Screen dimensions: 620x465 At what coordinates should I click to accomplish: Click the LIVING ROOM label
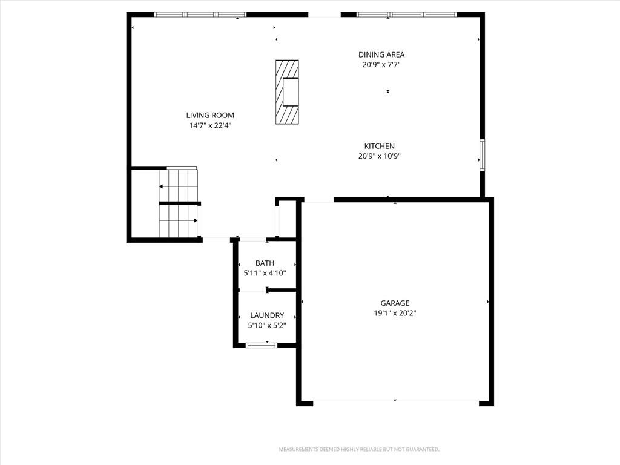click(210, 116)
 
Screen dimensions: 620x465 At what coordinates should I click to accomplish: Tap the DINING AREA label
click(381, 55)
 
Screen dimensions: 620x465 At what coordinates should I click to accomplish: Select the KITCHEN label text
click(379, 147)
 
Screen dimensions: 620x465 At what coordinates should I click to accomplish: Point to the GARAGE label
click(395, 303)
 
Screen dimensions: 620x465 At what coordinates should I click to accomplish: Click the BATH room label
click(265, 263)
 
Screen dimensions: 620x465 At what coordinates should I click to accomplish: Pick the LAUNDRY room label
click(267, 315)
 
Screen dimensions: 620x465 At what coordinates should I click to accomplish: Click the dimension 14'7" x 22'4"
click(210, 126)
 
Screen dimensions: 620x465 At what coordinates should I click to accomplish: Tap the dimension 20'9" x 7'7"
click(381, 65)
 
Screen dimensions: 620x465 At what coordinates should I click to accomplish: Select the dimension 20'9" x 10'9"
click(379, 156)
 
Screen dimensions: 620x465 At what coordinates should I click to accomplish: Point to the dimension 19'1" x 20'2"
click(395, 314)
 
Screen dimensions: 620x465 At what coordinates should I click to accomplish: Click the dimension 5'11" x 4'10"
click(265, 273)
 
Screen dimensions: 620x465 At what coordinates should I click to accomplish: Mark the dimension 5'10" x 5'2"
click(267, 326)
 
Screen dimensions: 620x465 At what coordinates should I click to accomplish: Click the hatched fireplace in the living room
click(287, 92)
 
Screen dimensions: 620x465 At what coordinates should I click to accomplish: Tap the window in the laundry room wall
click(262, 345)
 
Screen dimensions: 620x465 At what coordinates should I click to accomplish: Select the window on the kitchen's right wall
click(483, 155)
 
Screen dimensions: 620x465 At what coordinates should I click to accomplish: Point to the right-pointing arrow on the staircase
click(179, 220)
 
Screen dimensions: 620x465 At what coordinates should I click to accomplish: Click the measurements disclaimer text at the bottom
click(359, 450)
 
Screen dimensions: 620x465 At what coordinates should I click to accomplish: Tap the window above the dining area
click(406, 15)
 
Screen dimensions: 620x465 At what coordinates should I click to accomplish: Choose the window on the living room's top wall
click(200, 15)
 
